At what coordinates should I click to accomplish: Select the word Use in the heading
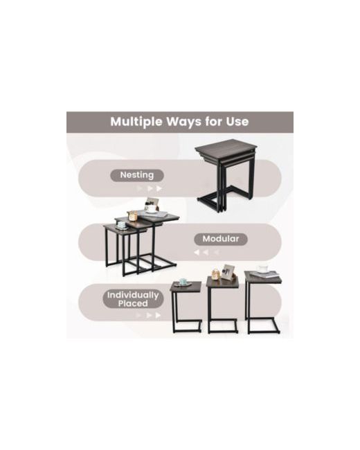click(x=237, y=121)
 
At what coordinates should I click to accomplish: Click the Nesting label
click(x=137, y=175)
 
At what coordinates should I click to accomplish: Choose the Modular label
click(x=220, y=239)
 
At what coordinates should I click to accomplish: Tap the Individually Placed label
click(x=133, y=299)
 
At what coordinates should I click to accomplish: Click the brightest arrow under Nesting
click(x=159, y=188)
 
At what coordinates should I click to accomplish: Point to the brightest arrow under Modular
click(x=197, y=252)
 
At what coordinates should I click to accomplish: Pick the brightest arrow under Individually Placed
click(x=158, y=315)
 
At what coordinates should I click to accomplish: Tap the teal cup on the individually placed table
click(x=182, y=282)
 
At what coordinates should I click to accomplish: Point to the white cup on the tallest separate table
click(x=262, y=269)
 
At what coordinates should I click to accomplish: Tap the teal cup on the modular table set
click(x=122, y=224)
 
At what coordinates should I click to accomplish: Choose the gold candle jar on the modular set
click(x=133, y=215)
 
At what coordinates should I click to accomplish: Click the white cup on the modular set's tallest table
click(x=152, y=208)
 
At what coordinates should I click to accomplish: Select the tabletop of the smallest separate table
click(x=186, y=287)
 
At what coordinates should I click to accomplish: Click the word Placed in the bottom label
click(x=133, y=304)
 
